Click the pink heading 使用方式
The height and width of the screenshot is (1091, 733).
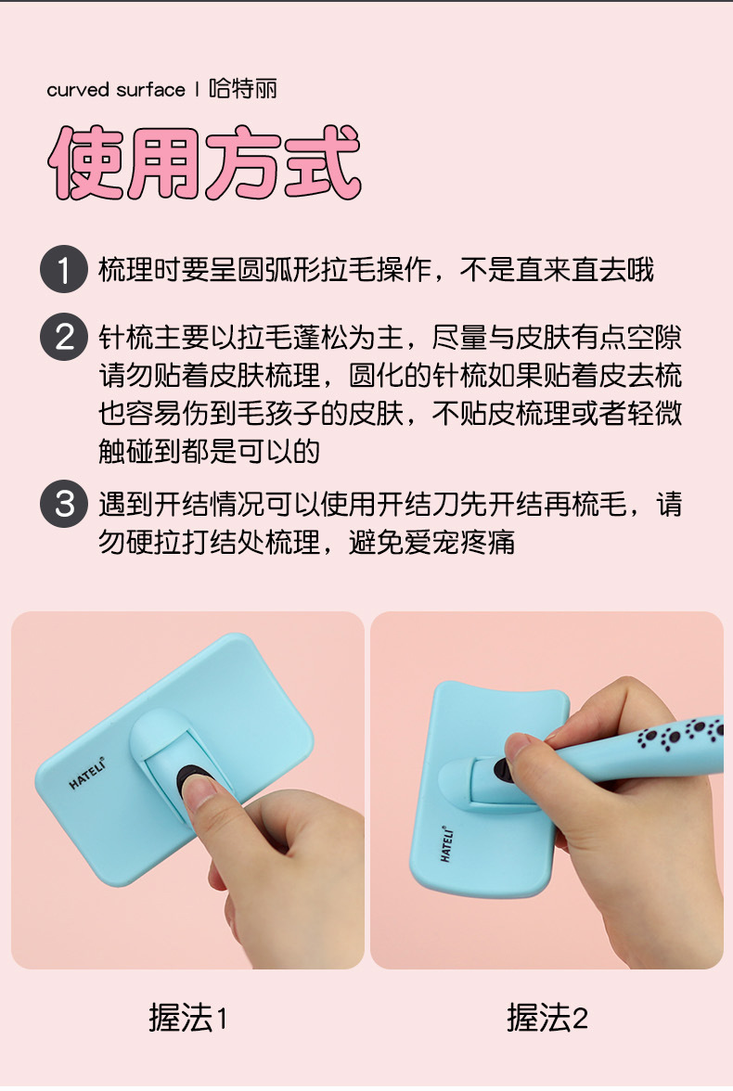tap(204, 162)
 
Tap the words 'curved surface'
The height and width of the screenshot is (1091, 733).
tap(116, 90)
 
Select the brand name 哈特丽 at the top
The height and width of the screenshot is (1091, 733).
tap(243, 89)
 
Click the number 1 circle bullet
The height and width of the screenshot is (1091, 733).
tap(64, 269)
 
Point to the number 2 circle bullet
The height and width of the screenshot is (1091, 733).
tap(64, 337)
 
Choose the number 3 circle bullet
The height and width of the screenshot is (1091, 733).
tap(64, 504)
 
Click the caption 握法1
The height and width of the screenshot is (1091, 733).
tap(188, 1018)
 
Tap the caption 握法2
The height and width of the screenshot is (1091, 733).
tap(547, 1018)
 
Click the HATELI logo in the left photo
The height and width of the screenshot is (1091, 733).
tap(87, 774)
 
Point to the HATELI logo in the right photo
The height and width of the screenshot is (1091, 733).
tap(447, 844)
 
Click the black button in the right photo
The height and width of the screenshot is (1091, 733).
tap(501, 771)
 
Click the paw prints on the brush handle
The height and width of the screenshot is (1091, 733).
tap(680, 733)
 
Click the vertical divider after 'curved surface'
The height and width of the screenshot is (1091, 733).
tap(197, 89)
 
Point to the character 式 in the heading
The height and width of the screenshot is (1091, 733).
tap(323, 162)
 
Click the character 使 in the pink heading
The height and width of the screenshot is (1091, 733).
tap(85, 162)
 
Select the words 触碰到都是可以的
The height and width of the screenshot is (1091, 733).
tap(209, 451)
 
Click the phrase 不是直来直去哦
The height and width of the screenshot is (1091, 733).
tap(557, 270)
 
